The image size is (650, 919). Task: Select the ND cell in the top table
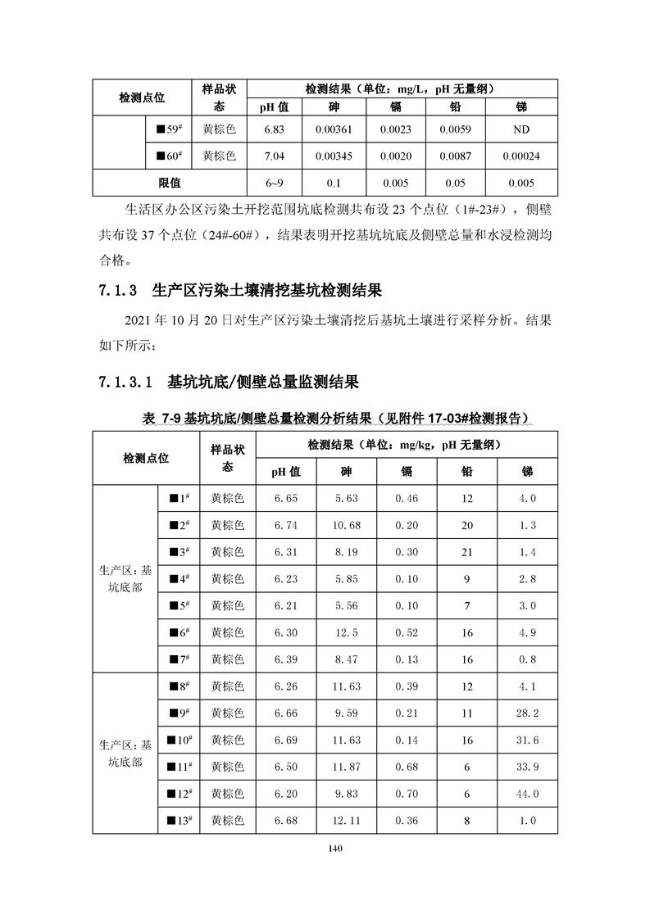(521, 129)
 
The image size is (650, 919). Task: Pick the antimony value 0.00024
(521, 156)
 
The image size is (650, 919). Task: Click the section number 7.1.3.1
(125, 381)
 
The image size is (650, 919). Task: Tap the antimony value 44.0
(528, 794)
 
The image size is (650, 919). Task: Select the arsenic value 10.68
(346, 525)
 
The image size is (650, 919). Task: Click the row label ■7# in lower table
(180, 659)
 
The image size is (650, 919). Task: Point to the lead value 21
(468, 552)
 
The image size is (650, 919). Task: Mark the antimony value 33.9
(528, 767)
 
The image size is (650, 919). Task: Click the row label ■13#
(180, 821)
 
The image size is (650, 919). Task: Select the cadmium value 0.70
(407, 794)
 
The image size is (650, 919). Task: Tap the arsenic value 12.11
(346, 821)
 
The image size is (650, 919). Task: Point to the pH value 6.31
(286, 552)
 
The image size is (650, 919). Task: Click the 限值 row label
(170, 183)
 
